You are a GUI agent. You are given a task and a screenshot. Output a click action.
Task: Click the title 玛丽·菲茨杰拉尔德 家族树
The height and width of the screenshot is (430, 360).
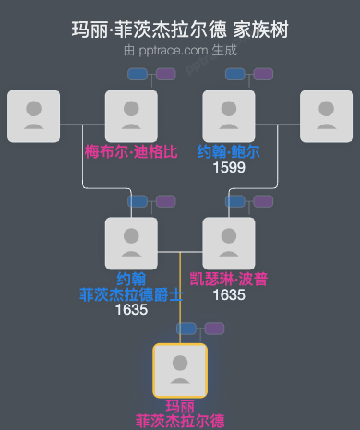pyautogui.click(x=180, y=30)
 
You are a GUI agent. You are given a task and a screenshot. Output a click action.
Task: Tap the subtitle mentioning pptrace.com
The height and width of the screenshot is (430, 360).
pyautogui.click(x=180, y=50)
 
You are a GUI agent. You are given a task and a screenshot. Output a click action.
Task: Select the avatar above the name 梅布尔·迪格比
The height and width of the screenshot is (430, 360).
pyautogui.click(x=131, y=116)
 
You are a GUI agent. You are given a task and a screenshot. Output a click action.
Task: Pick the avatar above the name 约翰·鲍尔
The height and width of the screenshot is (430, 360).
pyautogui.click(x=228, y=116)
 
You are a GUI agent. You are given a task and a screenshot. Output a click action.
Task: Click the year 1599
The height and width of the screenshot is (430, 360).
pyautogui.click(x=228, y=168)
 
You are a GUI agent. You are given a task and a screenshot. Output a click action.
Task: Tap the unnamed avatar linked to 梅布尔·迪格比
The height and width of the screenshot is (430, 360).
pyautogui.click(x=33, y=116)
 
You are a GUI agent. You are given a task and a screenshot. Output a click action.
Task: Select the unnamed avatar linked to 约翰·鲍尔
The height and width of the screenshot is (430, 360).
pyautogui.click(x=326, y=116)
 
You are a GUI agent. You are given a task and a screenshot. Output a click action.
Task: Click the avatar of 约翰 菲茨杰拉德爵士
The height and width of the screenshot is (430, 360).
pyautogui.click(x=131, y=244)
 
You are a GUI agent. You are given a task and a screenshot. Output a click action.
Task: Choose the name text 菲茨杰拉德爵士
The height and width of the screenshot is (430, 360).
pyautogui.click(x=131, y=295)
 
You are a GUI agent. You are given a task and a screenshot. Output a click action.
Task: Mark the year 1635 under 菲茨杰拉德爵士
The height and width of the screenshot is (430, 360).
pyautogui.click(x=131, y=311)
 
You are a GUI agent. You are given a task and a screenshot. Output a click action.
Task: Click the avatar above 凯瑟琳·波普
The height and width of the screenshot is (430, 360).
pyautogui.click(x=228, y=244)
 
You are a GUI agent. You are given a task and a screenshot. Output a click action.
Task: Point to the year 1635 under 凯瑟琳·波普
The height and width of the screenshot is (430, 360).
pyautogui.click(x=228, y=295)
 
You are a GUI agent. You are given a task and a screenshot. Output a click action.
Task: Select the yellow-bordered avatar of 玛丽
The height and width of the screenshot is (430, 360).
pyautogui.click(x=180, y=370)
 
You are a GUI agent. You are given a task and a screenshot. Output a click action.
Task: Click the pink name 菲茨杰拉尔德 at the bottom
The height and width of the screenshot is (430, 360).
pyautogui.click(x=180, y=421)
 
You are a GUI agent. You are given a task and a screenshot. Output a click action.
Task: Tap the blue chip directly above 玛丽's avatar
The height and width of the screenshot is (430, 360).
pyautogui.click(x=187, y=328)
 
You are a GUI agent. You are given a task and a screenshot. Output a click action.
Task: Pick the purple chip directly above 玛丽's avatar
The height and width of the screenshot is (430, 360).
pyautogui.click(x=214, y=328)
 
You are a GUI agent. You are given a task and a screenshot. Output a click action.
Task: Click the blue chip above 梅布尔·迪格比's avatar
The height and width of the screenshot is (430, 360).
pyautogui.click(x=138, y=74)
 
